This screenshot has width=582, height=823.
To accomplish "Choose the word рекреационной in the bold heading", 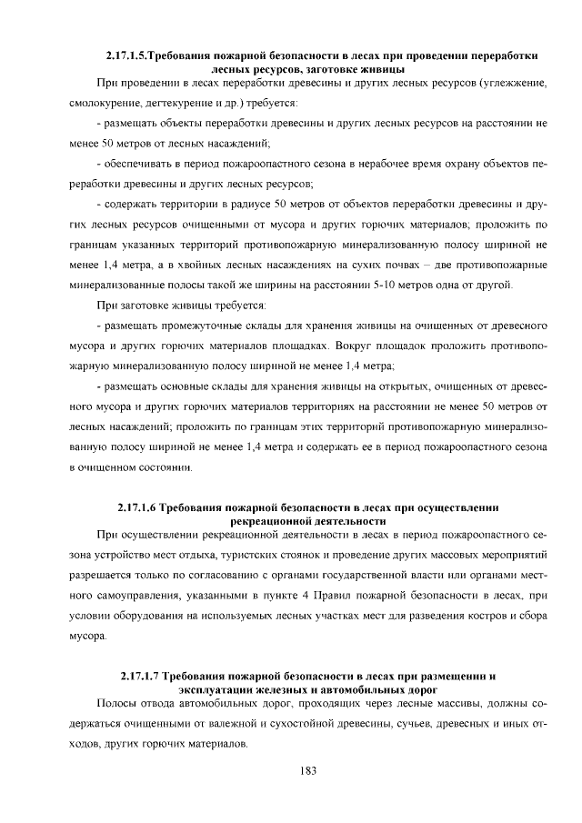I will pyautogui.click(x=274, y=520).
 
